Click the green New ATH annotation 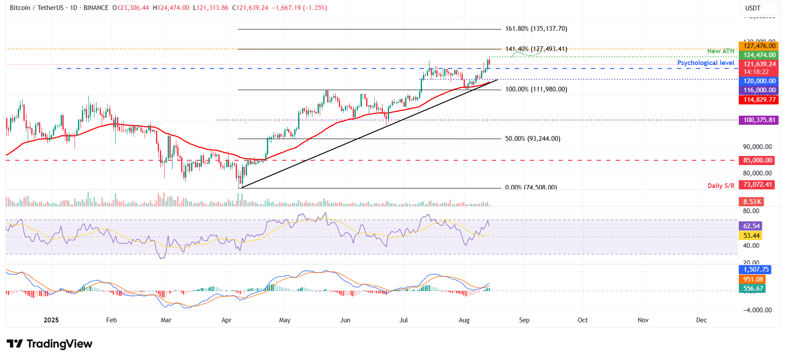click(x=721, y=51)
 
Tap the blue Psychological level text click(x=705, y=63)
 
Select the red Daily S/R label click(x=721, y=186)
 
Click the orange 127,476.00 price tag click(x=759, y=46)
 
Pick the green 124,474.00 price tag click(x=759, y=55)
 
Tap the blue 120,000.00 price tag click(x=759, y=81)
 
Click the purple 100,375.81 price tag click(x=759, y=120)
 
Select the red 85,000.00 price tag click(x=757, y=160)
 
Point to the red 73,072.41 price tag click(x=757, y=185)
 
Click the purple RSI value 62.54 click(x=751, y=226)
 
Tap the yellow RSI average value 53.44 click(x=751, y=236)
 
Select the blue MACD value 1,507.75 click(x=756, y=269)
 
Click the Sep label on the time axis click(x=524, y=320)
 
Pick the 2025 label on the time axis click(x=51, y=320)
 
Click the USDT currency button click(x=753, y=8)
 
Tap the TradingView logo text click(x=59, y=344)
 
